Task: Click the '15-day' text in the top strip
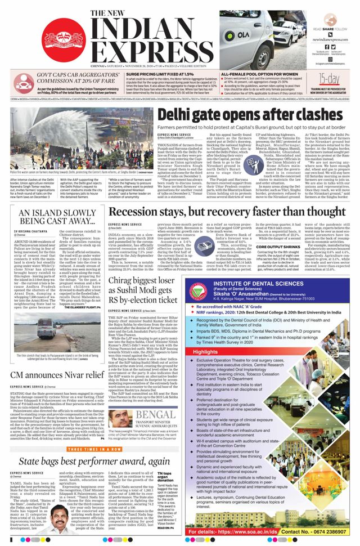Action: pyautogui.click(x=330, y=79)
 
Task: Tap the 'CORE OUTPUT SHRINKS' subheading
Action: pyautogui.click(x=263, y=263)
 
